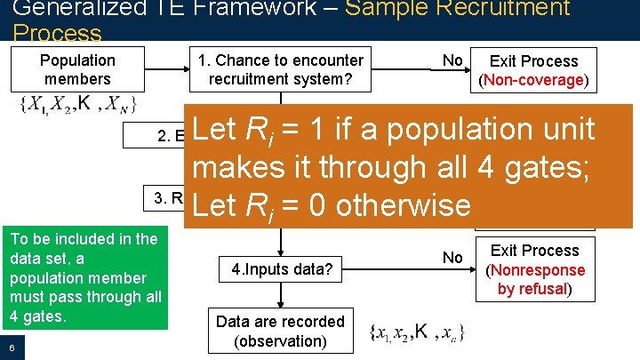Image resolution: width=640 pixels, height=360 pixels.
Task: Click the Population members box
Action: pos(77,69)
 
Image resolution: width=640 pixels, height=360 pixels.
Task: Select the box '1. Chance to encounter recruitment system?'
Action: pos(281,69)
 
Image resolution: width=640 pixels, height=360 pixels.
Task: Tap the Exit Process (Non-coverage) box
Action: pos(534,70)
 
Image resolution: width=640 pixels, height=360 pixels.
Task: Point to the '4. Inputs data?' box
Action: pos(281,268)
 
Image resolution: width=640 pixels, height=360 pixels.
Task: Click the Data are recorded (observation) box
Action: pos(280,331)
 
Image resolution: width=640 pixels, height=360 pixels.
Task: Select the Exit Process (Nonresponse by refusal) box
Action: pos(534,269)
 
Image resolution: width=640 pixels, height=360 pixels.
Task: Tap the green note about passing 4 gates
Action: pos(84,277)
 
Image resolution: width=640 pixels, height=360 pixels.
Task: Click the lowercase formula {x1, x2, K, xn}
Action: pos(414,333)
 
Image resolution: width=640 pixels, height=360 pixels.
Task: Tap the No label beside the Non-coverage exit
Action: pos(452,60)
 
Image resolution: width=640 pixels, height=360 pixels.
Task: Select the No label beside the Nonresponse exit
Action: pos(452,258)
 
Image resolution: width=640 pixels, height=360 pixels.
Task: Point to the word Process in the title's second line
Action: pos(57,34)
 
